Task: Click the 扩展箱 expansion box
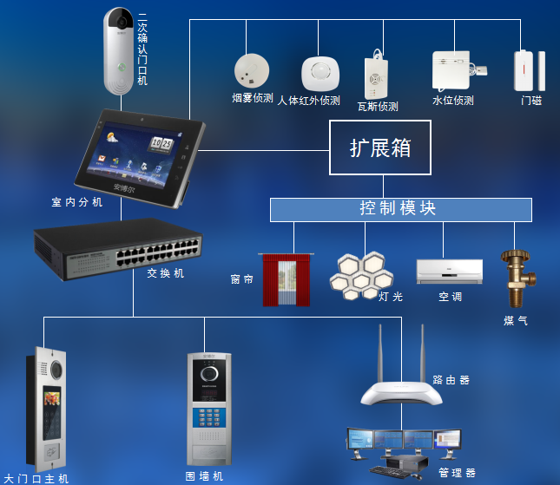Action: (379, 148)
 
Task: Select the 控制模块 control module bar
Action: (400, 209)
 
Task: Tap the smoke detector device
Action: (252, 69)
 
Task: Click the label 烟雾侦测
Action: (253, 98)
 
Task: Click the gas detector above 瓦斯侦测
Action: (377, 76)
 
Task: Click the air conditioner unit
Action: (450, 271)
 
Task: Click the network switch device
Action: (118, 251)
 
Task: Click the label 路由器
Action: (451, 380)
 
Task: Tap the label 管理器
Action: (458, 473)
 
